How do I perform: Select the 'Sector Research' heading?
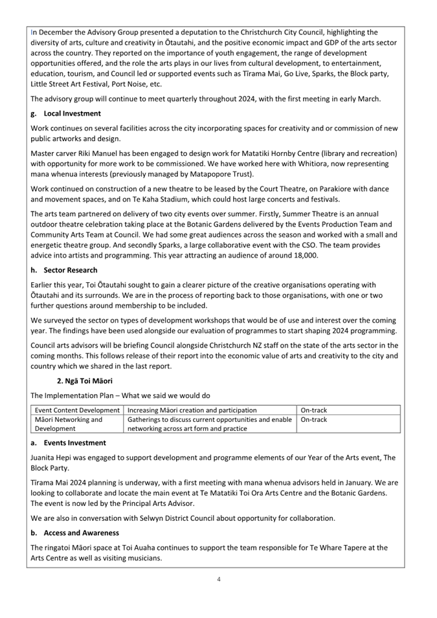pos(71,270)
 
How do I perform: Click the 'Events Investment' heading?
pos(74,443)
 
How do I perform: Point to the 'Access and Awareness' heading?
pos(81,533)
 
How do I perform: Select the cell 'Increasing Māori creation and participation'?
pos(192,410)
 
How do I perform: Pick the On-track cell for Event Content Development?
pos(314,410)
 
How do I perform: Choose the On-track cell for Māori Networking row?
pos(314,419)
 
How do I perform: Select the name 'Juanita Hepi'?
pos(53,457)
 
